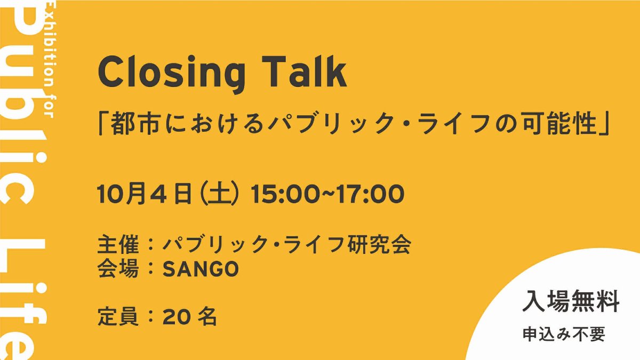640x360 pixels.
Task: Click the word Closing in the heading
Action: (x=171, y=73)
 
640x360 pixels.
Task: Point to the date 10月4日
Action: (x=145, y=194)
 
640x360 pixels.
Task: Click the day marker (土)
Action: (x=220, y=194)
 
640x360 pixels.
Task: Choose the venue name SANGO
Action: (x=201, y=269)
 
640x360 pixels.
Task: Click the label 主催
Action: (x=118, y=245)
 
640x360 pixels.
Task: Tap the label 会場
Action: (x=118, y=269)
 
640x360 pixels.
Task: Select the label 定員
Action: (x=118, y=317)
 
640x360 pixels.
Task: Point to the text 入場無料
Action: (x=571, y=301)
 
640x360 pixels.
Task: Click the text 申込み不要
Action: (x=564, y=334)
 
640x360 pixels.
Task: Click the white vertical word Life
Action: (x=25, y=300)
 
